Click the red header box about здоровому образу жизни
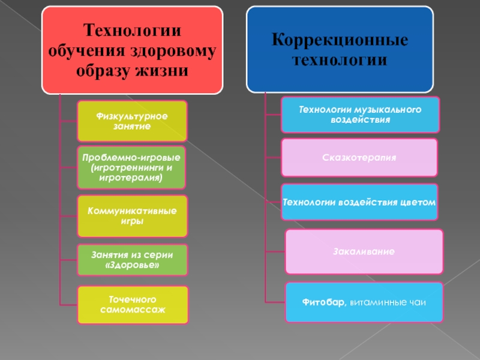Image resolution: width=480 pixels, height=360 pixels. (132, 50)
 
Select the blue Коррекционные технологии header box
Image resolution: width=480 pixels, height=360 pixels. (340, 50)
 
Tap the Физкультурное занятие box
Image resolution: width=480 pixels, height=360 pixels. (132, 121)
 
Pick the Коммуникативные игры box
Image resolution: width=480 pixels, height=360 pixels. (132, 216)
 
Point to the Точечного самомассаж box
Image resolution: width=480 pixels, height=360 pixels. (132, 304)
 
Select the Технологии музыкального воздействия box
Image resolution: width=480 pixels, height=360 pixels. (360, 115)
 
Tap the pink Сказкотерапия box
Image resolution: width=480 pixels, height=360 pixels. (360, 157)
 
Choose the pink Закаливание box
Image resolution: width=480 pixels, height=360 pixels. (364, 251)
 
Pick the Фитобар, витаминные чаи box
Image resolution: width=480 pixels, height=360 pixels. (364, 302)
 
